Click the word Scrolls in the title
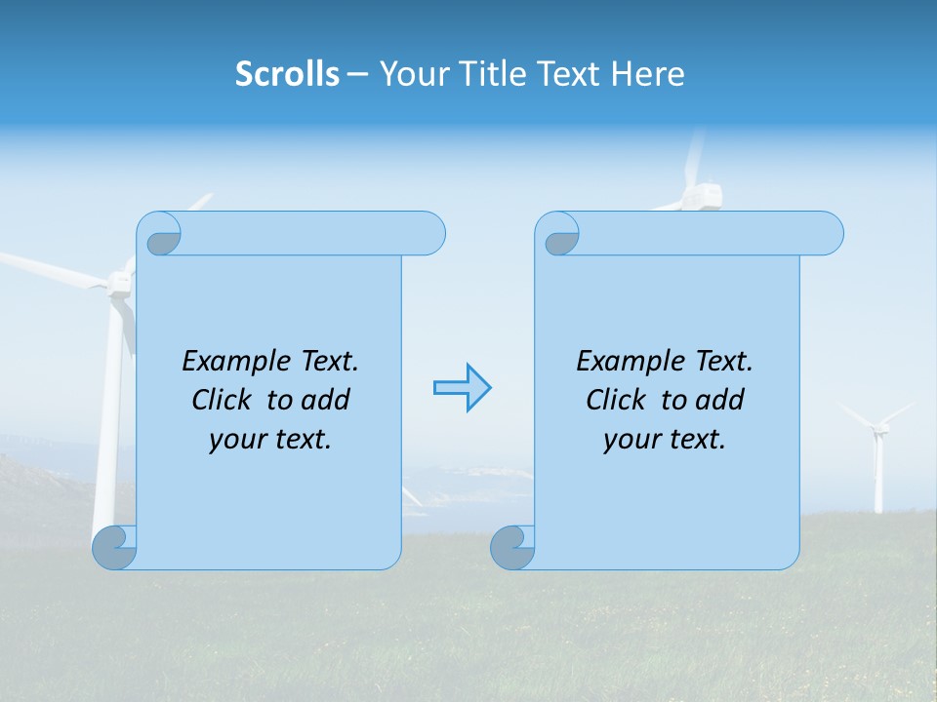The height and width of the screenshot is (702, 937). point(287,74)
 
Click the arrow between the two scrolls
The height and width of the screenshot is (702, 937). point(462,388)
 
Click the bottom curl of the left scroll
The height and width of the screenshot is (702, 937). point(114,548)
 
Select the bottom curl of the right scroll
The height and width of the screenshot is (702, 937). point(512,548)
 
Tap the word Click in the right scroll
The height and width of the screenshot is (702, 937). point(615,400)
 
